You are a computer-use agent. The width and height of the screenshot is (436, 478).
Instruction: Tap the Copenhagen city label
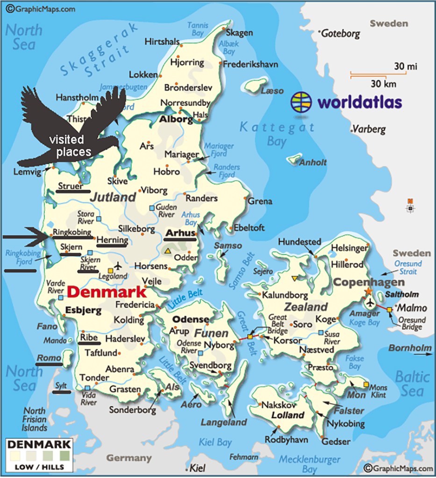(369, 282)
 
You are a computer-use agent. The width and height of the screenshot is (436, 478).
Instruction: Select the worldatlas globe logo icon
(301, 101)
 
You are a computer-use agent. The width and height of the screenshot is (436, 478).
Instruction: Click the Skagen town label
(239, 33)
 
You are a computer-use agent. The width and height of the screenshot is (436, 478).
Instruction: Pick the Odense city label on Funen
(191, 319)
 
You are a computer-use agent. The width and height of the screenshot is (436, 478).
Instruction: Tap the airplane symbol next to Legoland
(118, 266)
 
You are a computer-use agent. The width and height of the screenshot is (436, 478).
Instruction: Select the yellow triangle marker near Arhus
(167, 251)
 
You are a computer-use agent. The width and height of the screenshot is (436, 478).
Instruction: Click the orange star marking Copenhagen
(368, 292)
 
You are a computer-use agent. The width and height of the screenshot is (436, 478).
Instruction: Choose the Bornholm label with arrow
(410, 348)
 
